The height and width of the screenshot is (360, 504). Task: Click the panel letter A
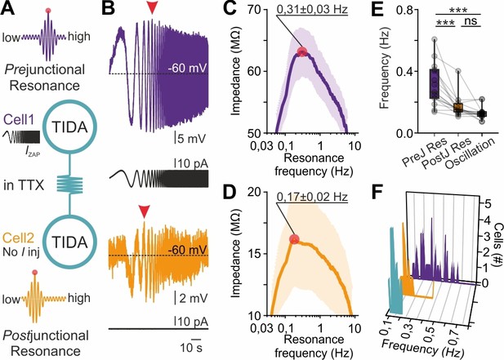7,8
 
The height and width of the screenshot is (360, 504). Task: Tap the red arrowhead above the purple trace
152,8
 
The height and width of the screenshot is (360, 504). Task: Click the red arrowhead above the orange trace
144,212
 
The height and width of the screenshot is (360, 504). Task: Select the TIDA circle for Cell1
69,127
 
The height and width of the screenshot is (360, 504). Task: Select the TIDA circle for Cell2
69,242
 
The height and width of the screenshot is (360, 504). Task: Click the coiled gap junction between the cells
69,184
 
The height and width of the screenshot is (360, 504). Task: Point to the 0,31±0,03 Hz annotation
312,9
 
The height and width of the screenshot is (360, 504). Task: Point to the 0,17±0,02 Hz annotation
312,197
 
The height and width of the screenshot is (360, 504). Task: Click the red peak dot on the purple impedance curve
302,51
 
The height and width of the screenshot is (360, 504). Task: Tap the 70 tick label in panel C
255,9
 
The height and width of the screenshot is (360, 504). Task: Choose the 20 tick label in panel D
255,192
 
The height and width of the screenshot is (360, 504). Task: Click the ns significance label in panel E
471,21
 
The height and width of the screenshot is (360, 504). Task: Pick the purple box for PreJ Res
435,84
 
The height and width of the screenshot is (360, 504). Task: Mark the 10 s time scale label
191,348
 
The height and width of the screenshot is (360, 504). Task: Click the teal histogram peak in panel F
392,229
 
